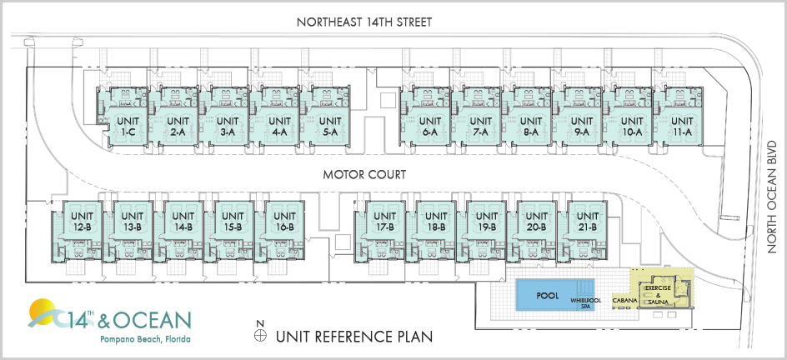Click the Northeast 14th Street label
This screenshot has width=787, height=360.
tap(363, 22)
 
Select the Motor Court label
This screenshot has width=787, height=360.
tap(364, 176)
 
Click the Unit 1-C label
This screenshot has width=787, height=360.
tap(128, 127)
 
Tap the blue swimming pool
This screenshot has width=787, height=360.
tap(547, 294)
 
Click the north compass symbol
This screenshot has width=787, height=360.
tap(260, 336)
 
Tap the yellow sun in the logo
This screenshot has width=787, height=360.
tap(43, 314)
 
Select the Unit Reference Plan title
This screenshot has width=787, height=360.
tap(353, 337)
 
